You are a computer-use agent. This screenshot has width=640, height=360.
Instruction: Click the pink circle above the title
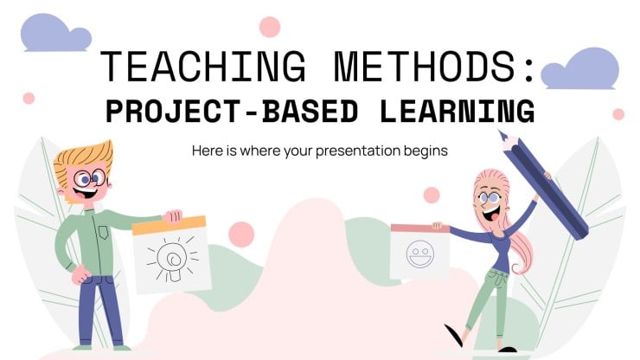pos(270,26)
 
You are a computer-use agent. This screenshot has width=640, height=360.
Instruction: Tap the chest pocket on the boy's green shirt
pos(105,232)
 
